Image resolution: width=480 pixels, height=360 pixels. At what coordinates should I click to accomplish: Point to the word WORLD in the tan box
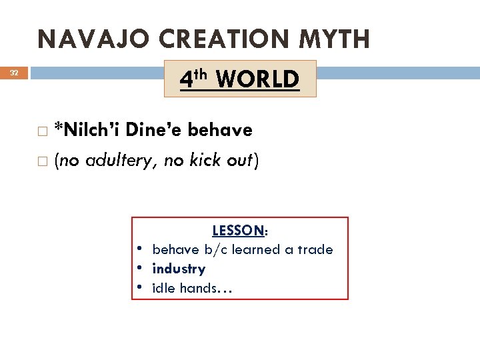point(257,79)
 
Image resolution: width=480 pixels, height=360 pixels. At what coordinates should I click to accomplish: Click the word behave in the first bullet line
point(220,129)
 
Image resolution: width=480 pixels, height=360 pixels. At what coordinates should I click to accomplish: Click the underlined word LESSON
point(237,231)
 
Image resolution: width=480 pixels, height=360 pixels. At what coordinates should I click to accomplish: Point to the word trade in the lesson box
point(315,249)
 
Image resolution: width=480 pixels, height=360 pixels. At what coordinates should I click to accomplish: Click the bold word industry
point(179,269)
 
